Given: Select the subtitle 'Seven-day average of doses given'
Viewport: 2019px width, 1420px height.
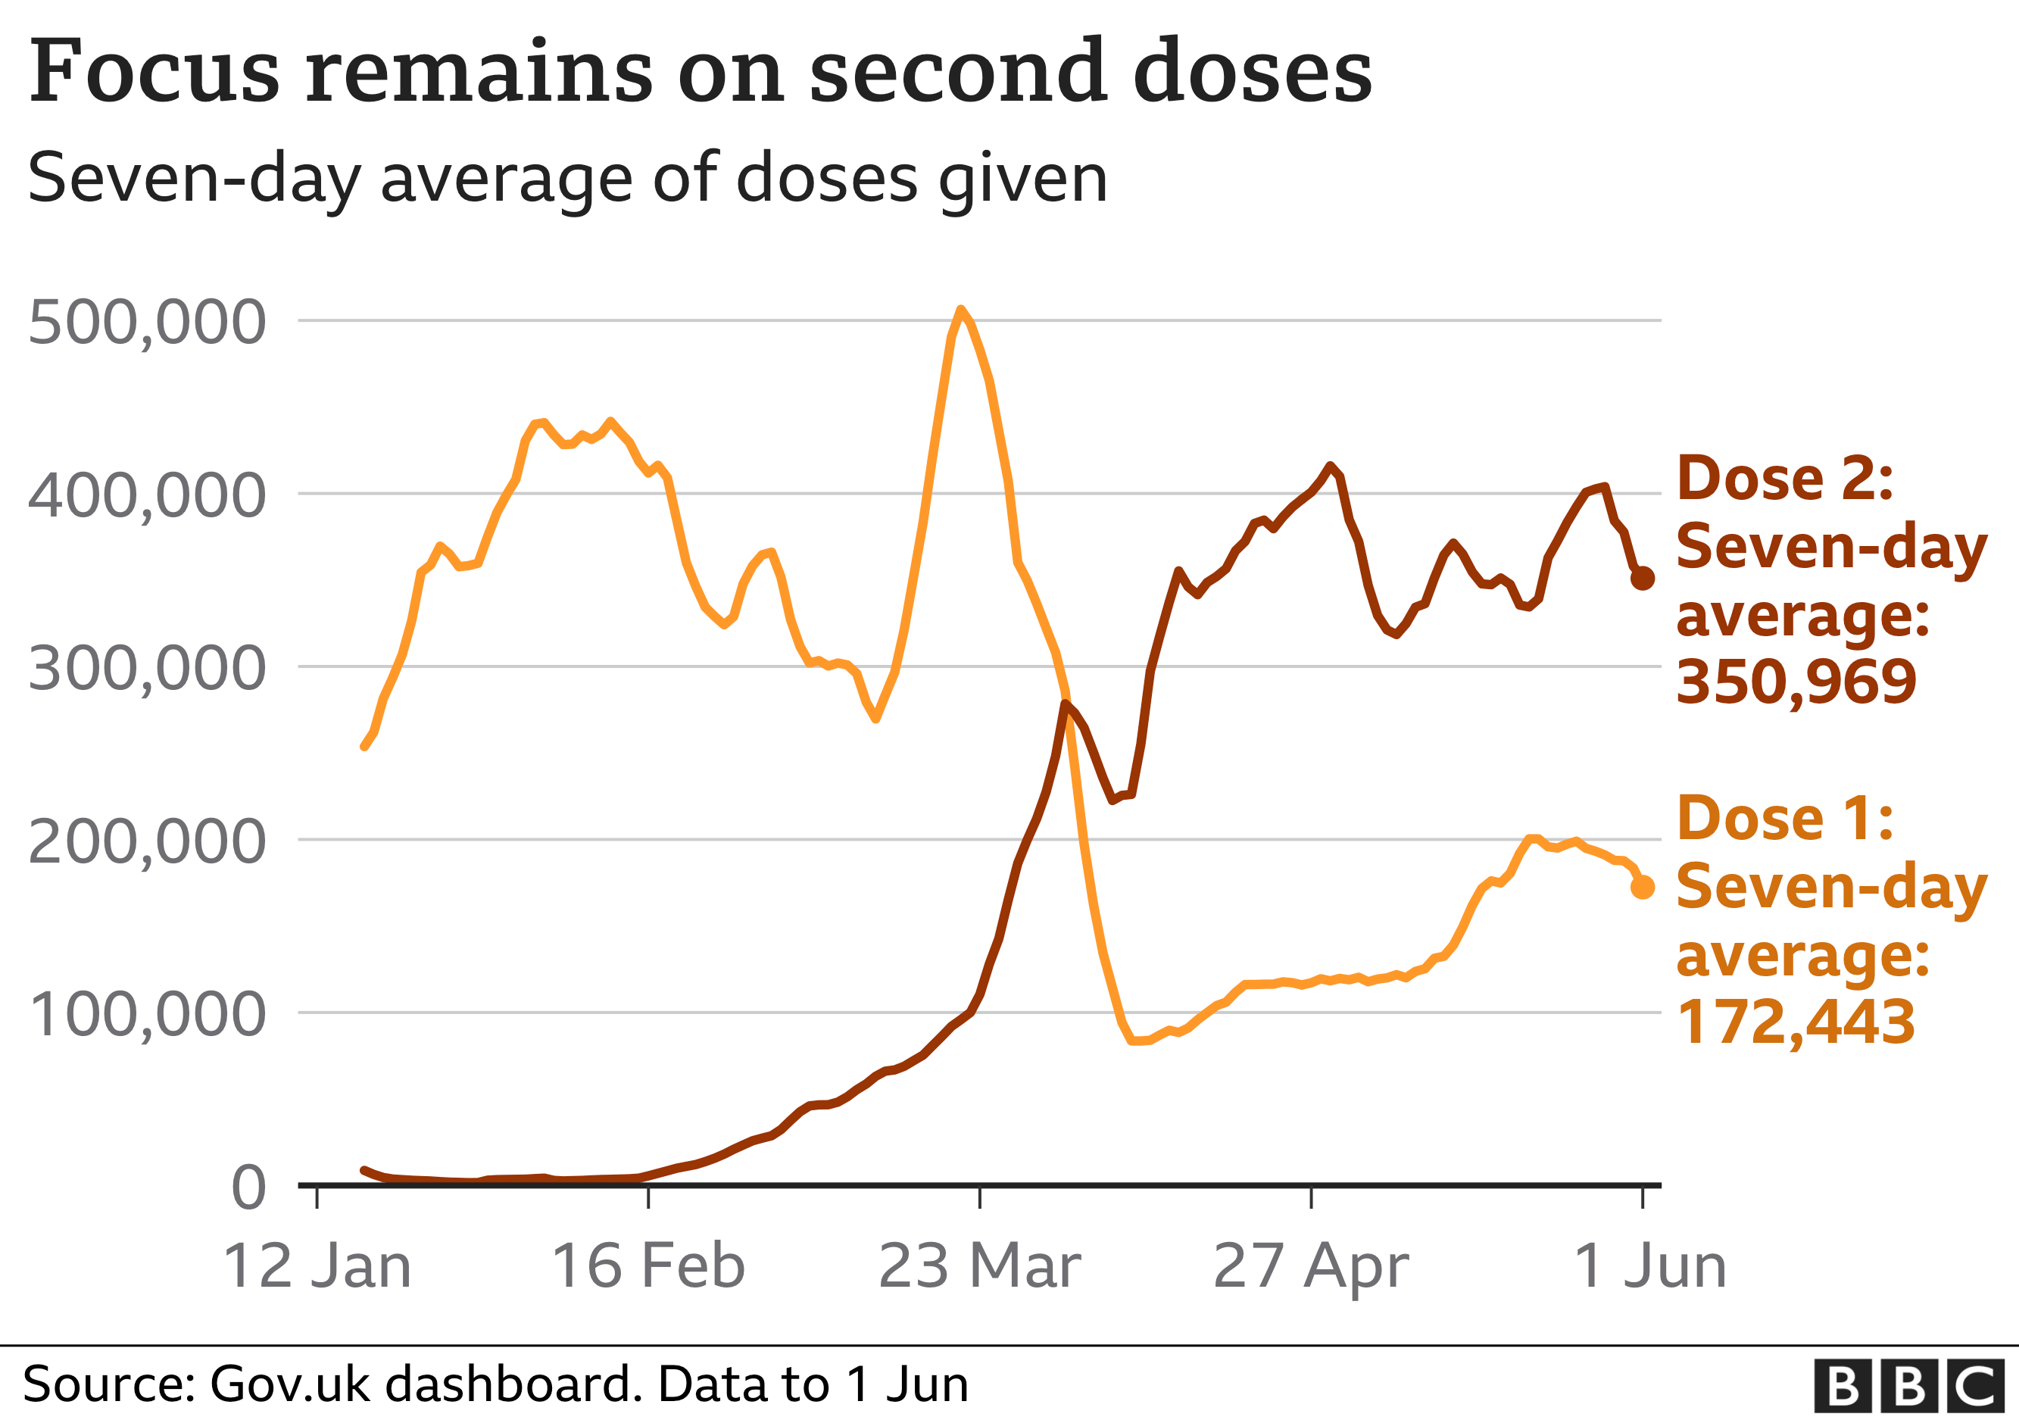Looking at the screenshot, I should pyautogui.click(x=567, y=179).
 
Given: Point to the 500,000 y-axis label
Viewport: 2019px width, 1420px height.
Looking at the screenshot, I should pyautogui.click(x=147, y=322).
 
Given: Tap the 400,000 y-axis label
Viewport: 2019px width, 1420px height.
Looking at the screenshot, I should pyautogui.click(x=147, y=495).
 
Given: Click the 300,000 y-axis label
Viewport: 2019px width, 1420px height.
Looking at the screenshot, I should pyautogui.click(x=147, y=668).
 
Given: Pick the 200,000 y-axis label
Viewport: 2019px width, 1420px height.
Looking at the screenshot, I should pyautogui.click(x=147, y=841).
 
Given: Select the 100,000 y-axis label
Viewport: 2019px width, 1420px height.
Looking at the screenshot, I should pyautogui.click(x=147, y=1015).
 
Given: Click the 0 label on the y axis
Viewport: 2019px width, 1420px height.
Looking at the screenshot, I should pyautogui.click(x=249, y=1187).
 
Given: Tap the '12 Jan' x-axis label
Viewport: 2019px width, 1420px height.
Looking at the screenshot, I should pyautogui.click(x=317, y=1266).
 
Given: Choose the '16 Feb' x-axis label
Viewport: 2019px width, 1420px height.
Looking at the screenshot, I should pyautogui.click(x=648, y=1266).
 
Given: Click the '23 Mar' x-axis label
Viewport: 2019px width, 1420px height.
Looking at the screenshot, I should pyautogui.click(x=980, y=1266).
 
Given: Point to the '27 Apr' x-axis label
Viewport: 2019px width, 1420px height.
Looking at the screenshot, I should pyautogui.click(x=1311, y=1266).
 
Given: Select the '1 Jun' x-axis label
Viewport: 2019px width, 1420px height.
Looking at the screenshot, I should pyautogui.click(x=1649, y=1266).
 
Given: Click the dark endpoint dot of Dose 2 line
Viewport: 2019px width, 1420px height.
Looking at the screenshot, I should pyautogui.click(x=1643, y=579).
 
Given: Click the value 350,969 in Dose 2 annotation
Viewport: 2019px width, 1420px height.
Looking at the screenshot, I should pyautogui.click(x=1796, y=682).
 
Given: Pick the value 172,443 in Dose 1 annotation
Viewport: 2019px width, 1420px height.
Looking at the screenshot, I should pyautogui.click(x=1796, y=1022).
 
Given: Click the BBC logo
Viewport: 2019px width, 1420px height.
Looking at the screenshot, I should pyautogui.click(x=1908, y=1386).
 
